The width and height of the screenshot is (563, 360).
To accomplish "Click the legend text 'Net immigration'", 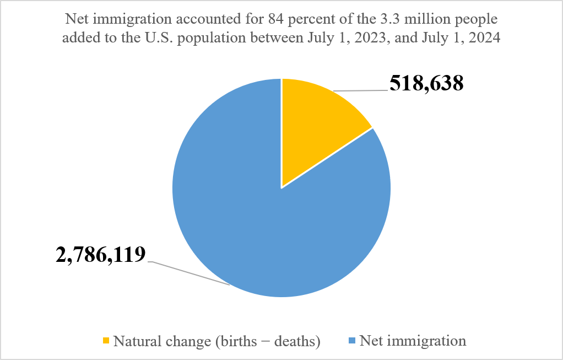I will [413, 341].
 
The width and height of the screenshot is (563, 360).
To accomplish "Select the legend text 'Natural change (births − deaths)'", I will [217, 341].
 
